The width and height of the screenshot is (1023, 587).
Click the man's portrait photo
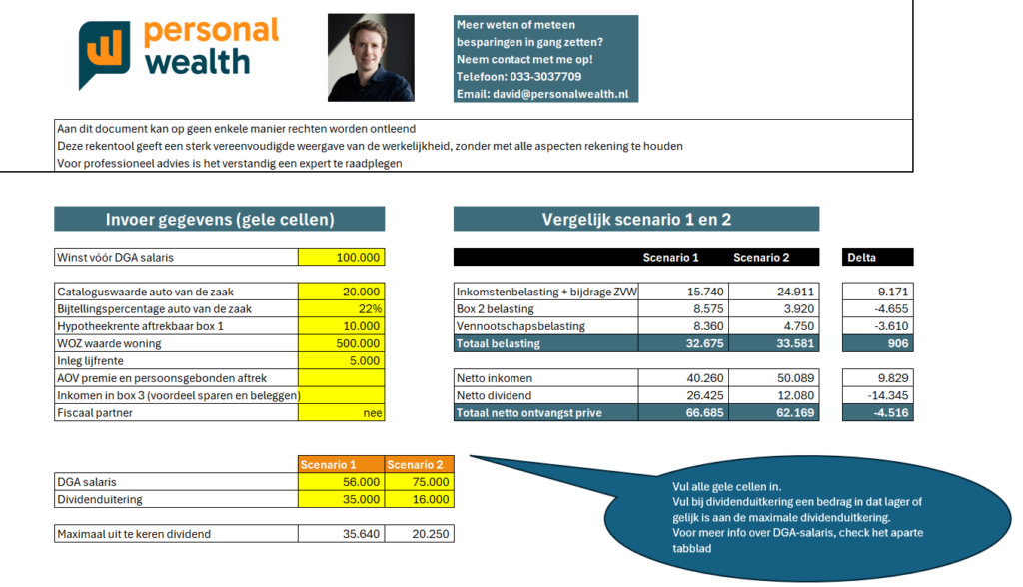tap(371, 57)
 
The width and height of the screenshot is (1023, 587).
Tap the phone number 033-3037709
tap(548, 76)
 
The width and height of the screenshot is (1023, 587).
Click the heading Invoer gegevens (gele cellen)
tap(220, 220)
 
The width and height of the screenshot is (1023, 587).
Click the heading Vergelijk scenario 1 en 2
tap(636, 220)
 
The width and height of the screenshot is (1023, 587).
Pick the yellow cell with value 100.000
tap(342, 258)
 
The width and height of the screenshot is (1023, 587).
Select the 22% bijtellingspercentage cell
tap(342, 309)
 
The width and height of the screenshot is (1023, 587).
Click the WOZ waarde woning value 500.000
tap(342, 343)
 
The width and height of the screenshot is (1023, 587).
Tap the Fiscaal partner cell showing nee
tap(342, 412)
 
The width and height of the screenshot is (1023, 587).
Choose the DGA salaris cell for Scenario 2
tap(420, 482)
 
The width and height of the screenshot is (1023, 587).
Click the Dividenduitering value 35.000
tap(342, 499)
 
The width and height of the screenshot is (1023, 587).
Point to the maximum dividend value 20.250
tap(420, 534)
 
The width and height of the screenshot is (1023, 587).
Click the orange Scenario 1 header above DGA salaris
tap(341, 465)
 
